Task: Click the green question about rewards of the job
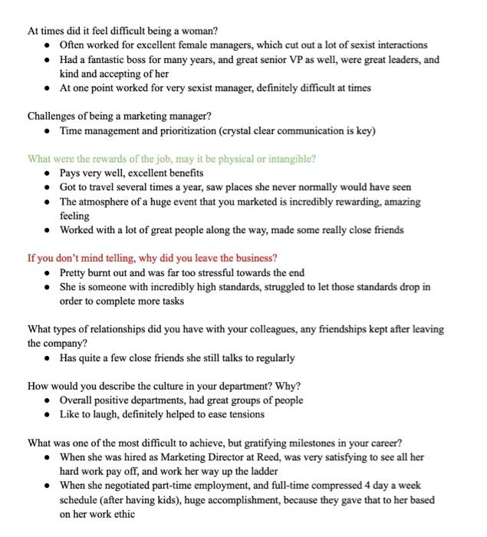[x=171, y=159]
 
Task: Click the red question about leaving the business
[x=152, y=258]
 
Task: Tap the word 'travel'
[x=107, y=187]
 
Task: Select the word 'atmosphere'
[x=107, y=202]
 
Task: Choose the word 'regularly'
[x=270, y=357]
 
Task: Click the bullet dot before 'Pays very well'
[x=48, y=173]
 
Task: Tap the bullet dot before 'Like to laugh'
[x=48, y=415]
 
